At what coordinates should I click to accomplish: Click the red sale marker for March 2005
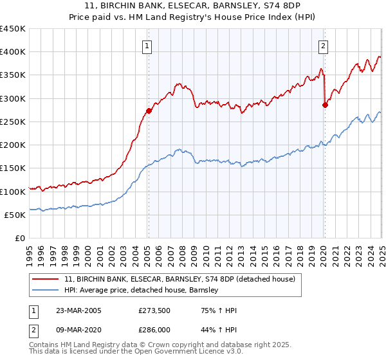(x=149, y=111)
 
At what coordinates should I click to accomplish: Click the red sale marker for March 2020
(x=325, y=105)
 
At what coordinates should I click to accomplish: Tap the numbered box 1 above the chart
(x=148, y=46)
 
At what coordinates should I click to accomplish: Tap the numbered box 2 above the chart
(x=322, y=46)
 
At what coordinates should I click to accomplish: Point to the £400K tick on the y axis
(x=14, y=52)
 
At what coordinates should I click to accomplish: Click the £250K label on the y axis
(x=14, y=122)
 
